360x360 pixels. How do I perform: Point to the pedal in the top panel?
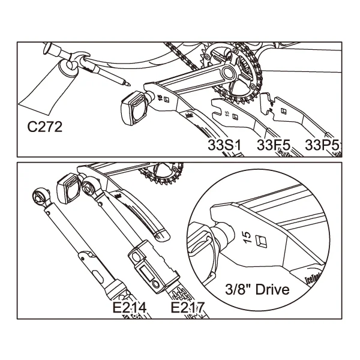[134, 106]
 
